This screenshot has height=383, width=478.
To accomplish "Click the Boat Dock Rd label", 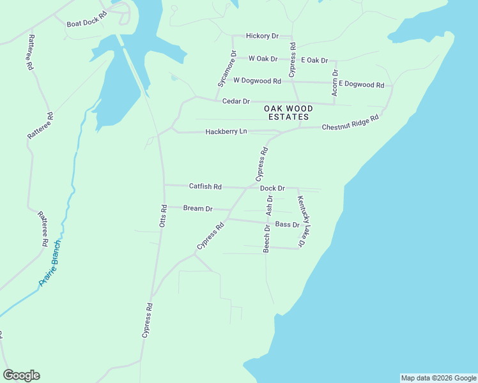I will click(86, 24).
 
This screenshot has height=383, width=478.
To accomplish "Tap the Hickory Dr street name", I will click(263, 36).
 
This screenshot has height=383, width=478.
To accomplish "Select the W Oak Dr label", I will click(263, 59).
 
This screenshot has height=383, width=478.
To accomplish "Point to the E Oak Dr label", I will click(314, 60).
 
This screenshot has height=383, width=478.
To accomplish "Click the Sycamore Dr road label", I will click(227, 69).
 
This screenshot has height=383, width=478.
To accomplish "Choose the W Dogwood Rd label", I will click(257, 81).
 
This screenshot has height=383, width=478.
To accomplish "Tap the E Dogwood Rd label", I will click(361, 84).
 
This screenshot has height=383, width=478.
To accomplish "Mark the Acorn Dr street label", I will click(335, 83).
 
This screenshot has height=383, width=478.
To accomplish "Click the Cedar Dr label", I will click(236, 101).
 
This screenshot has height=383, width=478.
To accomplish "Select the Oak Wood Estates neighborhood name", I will click(288, 113).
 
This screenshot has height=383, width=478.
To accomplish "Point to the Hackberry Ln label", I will click(226, 131).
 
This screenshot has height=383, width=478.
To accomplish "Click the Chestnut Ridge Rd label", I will click(350, 123).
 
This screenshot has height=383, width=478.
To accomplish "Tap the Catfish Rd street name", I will click(205, 186).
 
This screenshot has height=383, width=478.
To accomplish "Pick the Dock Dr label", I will click(272, 188).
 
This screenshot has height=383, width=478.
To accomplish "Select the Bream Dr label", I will click(197, 208).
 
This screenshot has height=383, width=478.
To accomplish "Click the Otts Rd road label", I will click(164, 216).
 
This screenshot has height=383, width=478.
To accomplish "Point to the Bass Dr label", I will click(287, 225).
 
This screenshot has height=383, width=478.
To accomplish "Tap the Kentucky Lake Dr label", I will click(306, 222).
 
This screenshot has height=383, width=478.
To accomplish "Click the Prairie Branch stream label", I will click(50, 263).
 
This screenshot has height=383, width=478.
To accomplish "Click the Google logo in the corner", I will click(21, 375).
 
